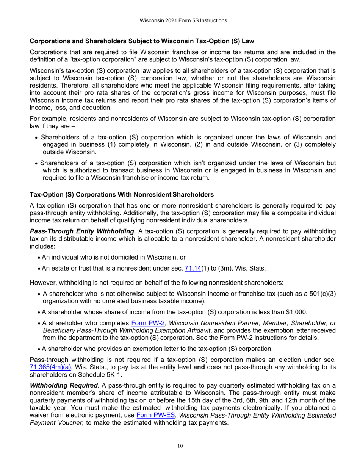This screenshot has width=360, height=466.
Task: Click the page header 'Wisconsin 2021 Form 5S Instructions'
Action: (x=180, y=20)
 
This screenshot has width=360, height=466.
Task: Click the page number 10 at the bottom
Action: (x=180, y=446)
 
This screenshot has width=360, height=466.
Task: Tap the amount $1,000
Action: (x=296, y=312)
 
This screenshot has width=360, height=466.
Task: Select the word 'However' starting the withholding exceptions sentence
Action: (x=42, y=282)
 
